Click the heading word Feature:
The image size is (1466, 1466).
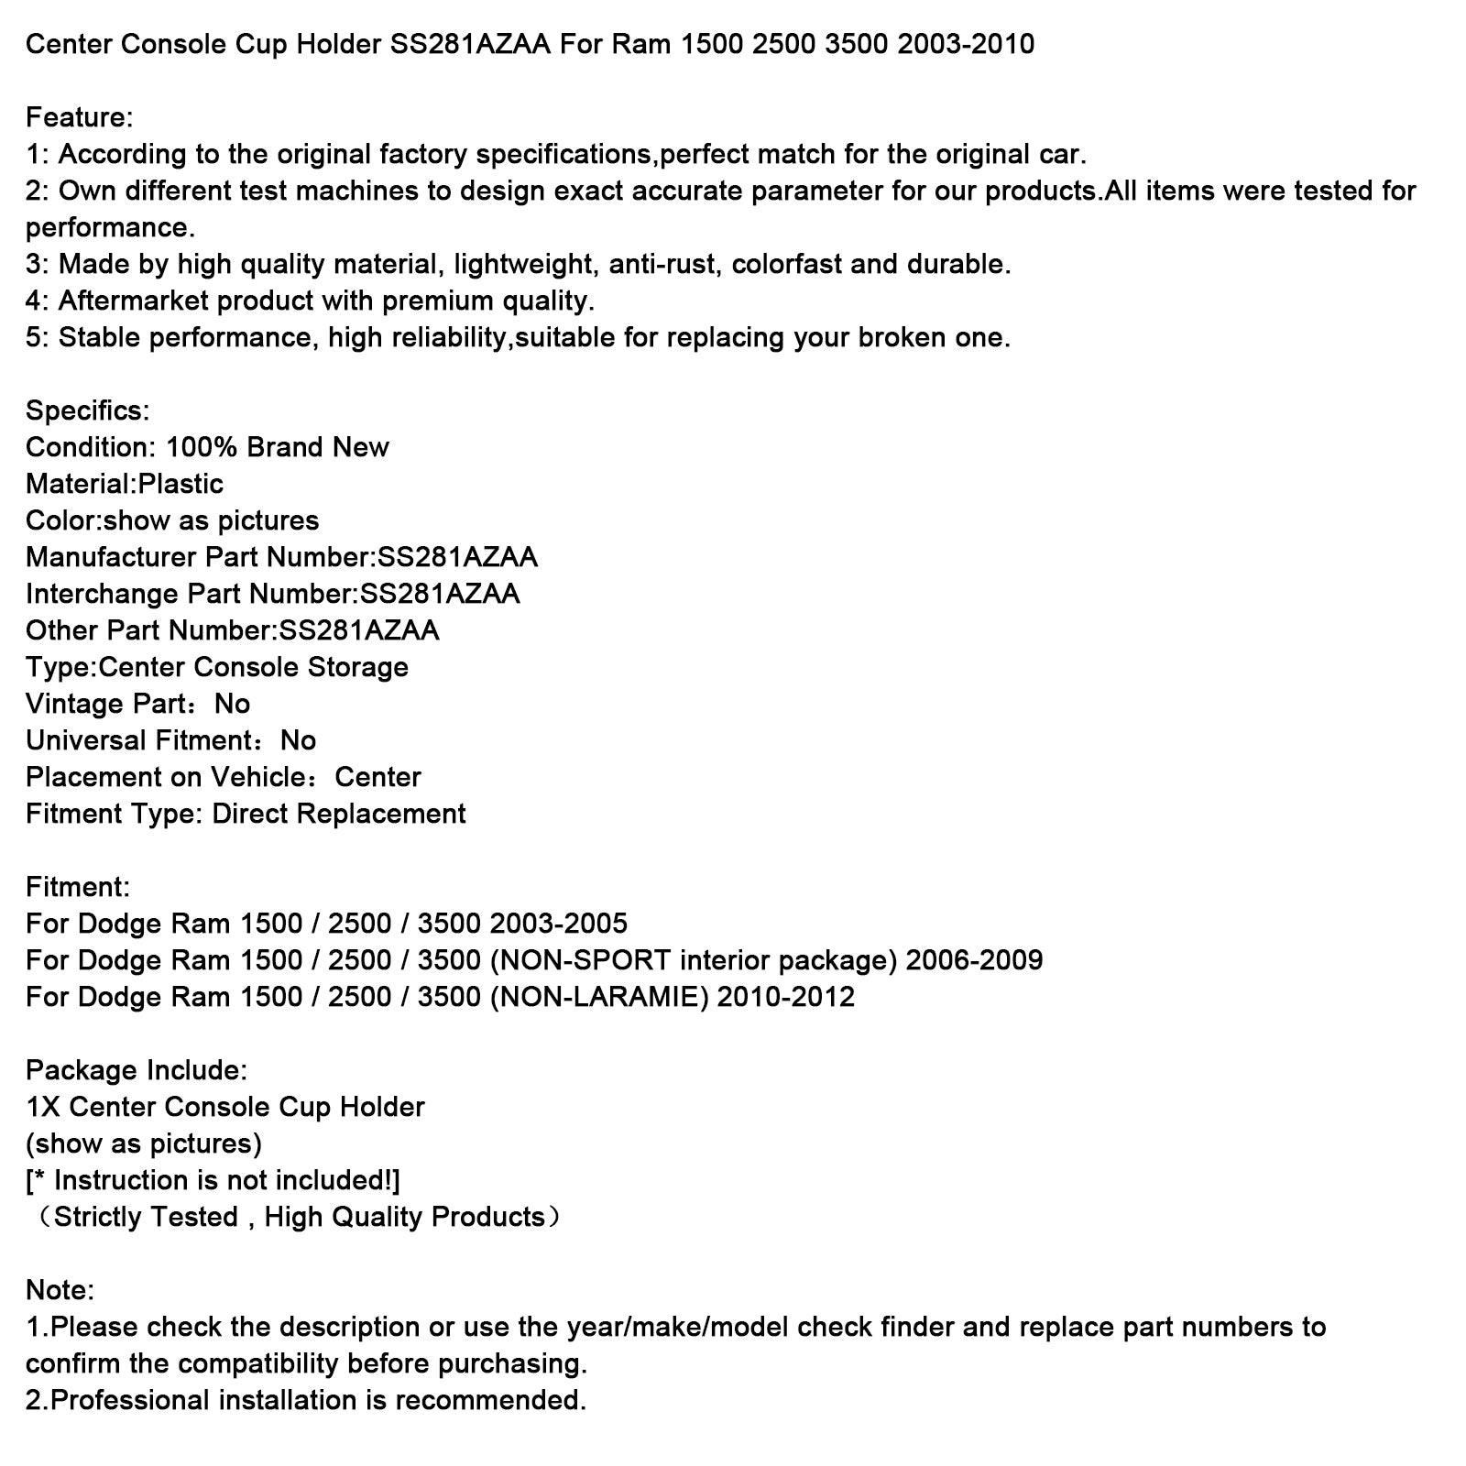pyautogui.click(x=80, y=117)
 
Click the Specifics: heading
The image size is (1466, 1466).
pyautogui.click(x=87, y=410)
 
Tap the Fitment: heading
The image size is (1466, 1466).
pyautogui.click(x=78, y=887)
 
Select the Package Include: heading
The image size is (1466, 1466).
pyautogui.click(x=137, y=1070)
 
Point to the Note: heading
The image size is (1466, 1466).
pyautogui.click(x=60, y=1290)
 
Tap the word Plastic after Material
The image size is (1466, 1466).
pyautogui.click(x=181, y=484)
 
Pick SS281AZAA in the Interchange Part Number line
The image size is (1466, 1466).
pyautogui.click(x=440, y=594)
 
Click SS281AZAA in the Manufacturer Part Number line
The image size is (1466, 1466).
pyautogui.click(x=458, y=557)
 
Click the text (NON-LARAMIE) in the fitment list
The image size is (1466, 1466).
pyautogui.click(x=600, y=997)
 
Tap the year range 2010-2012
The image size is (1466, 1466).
pyautogui.click(x=786, y=997)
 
